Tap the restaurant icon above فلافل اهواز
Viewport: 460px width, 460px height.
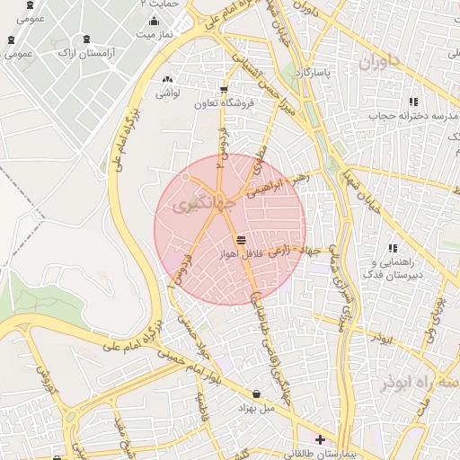click(x=240, y=240)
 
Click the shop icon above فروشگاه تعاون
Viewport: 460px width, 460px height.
click(x=223, y=89)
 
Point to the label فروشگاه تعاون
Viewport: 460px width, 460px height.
click(x=222, y=104)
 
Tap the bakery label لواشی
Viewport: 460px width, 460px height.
click(x=169, y=93)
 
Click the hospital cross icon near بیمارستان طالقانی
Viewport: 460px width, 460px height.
click(x=320, y=439)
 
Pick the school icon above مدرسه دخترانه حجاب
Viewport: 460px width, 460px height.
click(x=413, y=101)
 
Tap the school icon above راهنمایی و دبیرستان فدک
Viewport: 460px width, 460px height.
click(x=393, y=248)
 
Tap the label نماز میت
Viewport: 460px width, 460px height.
click(x=153, y=34)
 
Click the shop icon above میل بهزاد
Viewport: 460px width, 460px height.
click(x=258, y=394)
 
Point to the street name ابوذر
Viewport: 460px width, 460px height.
click(x=381, y=341)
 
